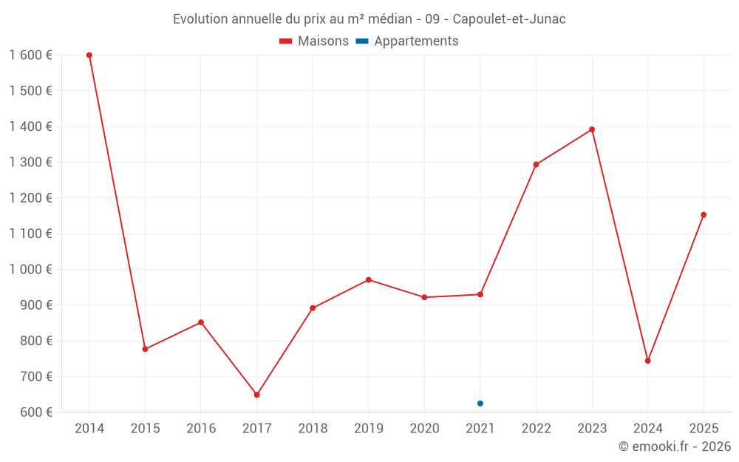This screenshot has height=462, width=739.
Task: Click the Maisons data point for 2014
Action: (x=89, y=55)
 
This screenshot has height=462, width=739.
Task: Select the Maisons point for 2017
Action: (x=256, y=395)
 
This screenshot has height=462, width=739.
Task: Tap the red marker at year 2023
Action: (x=592, y=129)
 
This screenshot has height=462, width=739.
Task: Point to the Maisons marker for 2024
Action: (x=647, y=361)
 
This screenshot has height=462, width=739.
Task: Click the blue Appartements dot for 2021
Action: (x=480, y=404)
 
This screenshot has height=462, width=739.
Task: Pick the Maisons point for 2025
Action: (x=704, y=215)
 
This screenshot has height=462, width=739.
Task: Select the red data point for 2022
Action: (x=536, y=165)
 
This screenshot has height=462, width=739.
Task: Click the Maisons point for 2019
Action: (x=368, y=280)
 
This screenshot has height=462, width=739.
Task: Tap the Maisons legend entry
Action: (x=314, y=41)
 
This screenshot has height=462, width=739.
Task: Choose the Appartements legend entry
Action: (x=408, y=41)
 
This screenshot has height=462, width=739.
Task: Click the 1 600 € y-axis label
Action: (x=30, y=55)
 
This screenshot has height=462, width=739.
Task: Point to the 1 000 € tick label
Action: (x=30, y=270)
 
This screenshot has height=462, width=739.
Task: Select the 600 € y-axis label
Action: (x=35, y=412)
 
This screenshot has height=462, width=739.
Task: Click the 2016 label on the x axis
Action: (x=201, y=429)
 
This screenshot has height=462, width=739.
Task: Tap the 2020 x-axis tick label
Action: (x=424, y=429)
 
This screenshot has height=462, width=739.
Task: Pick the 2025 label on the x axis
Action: (x=704, y=429)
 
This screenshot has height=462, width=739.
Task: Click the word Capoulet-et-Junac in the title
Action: (x=508, y=19)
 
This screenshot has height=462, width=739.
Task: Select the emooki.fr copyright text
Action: (x=675, y=446)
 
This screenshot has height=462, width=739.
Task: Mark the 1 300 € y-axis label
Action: (x=30, y=163)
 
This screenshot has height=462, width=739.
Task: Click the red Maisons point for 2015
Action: (x=145, y=349)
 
